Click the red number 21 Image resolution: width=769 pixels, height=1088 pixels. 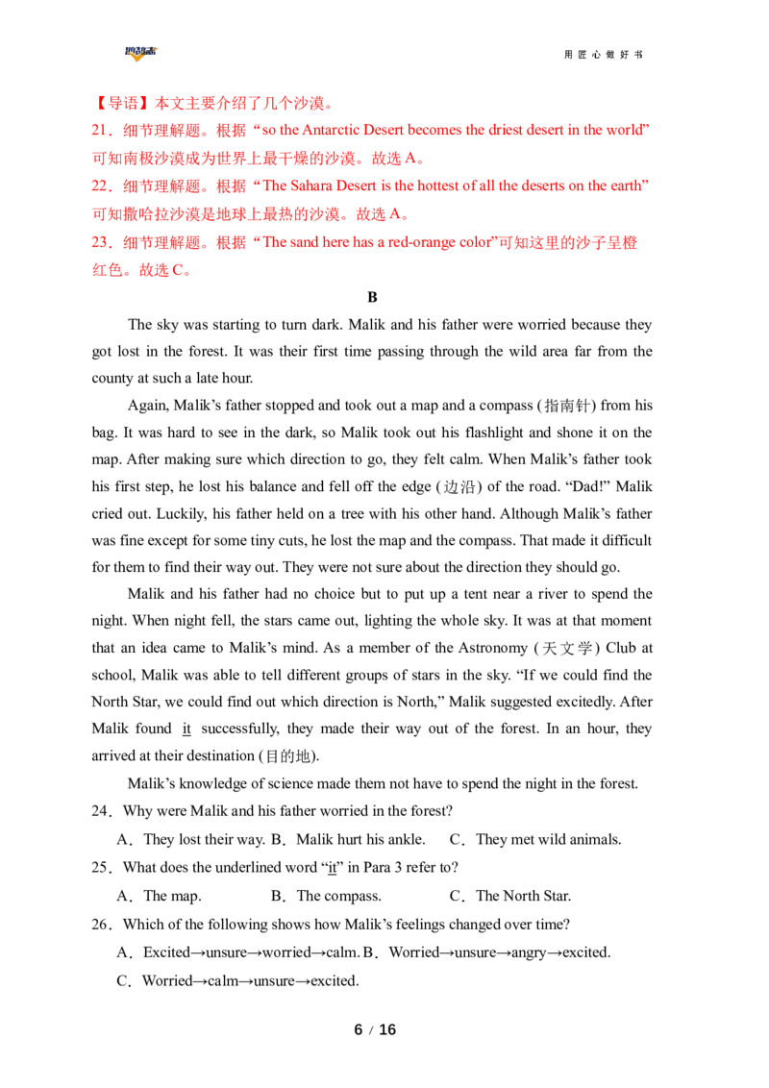pos(97,130)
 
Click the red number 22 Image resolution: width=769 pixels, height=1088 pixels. pos(97,185)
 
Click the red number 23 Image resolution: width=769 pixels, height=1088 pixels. pos(97,244)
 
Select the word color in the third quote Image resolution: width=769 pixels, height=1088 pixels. pos(470,244)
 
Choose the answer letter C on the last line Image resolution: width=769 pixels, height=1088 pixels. pos(178,272)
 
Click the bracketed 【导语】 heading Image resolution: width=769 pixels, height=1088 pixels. pos(111,101)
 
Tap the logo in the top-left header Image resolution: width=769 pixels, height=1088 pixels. pos(142,55)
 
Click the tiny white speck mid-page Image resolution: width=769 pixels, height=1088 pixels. pos(298,619)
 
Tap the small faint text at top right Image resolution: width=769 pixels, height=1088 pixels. pos(627,49)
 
